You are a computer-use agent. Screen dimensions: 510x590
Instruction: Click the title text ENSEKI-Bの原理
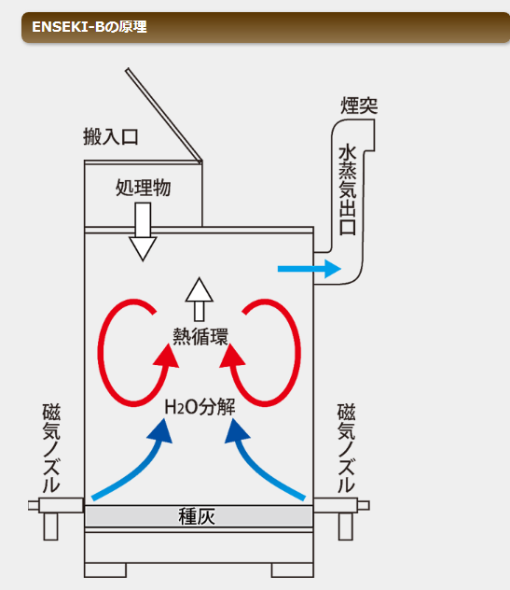[x=90, y=27]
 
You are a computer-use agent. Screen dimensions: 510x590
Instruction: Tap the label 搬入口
[x=111, y=136]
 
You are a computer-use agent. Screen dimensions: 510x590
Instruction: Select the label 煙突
[x=359, y=105]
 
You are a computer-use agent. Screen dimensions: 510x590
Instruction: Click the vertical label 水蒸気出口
[x=347, y=190]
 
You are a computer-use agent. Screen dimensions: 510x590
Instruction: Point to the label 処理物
[x=144, y=188]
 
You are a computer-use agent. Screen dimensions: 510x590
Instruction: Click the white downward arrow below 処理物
[x=143, y=232]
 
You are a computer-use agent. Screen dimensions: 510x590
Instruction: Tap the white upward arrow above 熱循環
[x=200, y=300]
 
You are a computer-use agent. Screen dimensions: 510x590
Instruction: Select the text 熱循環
[x=200, y=336]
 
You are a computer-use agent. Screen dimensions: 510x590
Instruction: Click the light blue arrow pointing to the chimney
[x=310, y=269]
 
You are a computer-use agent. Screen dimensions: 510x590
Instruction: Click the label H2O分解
[x=200, y=407]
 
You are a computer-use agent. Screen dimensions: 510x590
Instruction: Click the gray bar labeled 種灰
[x=199, y=516]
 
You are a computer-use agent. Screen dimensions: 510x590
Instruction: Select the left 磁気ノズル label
[x=51, y=448]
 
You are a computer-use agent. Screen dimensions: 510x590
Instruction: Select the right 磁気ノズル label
[x=346, y=448]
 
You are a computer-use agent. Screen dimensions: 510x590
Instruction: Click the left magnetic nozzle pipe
[x=56, y=506]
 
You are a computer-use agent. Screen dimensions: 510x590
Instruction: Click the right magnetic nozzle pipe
[x=341, y=506]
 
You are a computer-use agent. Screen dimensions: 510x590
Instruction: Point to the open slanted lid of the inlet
[x=164, y=115]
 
